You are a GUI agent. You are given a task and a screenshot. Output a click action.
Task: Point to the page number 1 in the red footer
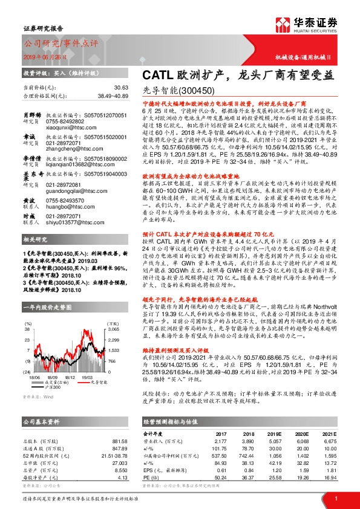[335, 498]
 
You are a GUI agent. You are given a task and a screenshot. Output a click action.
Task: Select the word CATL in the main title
[156, 74]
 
